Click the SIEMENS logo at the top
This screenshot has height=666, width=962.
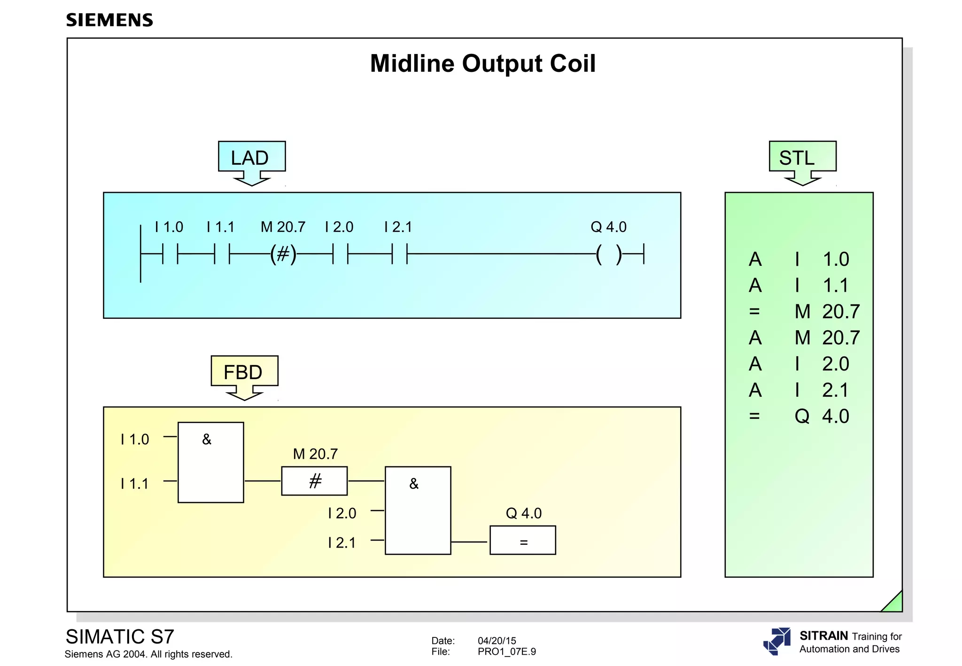109,20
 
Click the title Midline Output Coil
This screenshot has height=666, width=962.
482,63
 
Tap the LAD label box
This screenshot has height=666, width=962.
251,157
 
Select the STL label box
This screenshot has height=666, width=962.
802,157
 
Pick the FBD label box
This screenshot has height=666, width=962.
244,372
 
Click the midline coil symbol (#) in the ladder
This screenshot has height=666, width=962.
283,254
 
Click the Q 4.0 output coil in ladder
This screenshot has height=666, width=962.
608,254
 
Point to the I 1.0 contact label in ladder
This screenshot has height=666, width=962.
169,227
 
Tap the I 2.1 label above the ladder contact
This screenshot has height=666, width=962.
398,227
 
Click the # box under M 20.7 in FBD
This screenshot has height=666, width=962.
314,481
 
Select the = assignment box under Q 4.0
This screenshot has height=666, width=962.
523,541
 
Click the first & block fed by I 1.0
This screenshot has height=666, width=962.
210,462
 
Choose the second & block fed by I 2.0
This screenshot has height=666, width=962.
418,510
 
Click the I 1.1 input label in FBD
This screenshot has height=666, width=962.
134,483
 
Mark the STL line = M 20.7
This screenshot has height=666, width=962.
803,311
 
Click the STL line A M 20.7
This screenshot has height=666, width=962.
803,338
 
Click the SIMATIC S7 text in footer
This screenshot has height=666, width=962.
120,637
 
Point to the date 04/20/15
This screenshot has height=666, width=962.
497,641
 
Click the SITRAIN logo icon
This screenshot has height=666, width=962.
777,641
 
